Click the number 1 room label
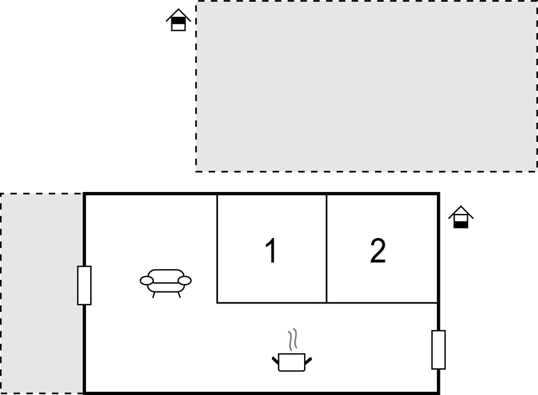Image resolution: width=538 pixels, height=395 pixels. (x=271, y=251)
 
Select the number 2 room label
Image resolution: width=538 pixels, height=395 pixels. (x=378, y=251)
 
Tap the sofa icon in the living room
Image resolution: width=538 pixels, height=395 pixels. (x=165, y=283)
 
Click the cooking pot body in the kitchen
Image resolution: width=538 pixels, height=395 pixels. (x=291, y=362)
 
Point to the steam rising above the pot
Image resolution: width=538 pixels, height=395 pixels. (x=293, y=340)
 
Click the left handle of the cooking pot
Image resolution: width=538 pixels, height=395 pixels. (x=275, y=360)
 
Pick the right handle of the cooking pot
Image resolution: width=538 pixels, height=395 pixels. (x=308, y=360)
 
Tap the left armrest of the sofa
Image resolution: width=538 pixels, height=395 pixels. (x=147, y=280)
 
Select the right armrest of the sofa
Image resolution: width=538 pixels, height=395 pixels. (x=185, y=280)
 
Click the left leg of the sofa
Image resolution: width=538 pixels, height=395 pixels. (x=153, y=295)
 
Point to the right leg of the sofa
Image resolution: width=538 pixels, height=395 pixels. (x=179, y=295)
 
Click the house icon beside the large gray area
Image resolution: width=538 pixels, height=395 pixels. (x=178, y=20)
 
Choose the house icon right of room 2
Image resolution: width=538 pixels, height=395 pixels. (x=461, y=217)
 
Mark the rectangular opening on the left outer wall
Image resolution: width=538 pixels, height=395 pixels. (x=84, y=285)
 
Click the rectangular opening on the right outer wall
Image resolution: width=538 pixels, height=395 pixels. (x=439, y=350)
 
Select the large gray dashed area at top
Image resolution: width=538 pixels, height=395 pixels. (x=367, y=86)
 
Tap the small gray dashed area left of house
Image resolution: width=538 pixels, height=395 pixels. (x=42, y=293)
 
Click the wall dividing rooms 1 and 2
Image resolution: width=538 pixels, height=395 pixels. (x=327, y=248)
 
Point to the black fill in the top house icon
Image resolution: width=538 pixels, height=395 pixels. (x=178, y=21)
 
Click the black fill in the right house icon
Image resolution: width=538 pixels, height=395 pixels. (x=461, y=224)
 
